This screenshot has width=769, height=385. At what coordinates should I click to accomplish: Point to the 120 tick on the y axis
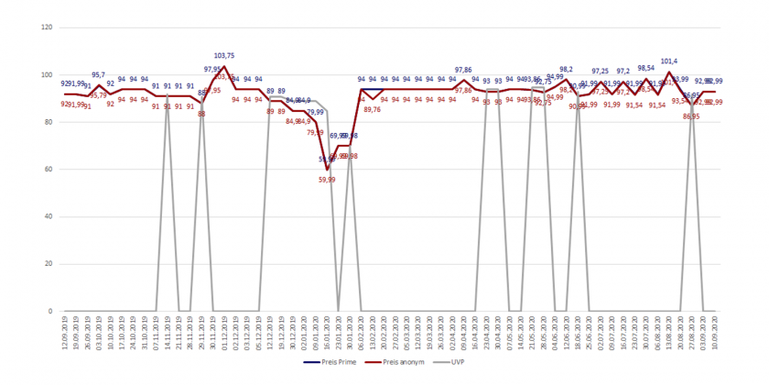coord(47,27)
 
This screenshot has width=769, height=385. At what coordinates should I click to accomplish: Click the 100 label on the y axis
coord(47,74)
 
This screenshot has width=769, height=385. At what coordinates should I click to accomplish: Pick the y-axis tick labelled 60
coord(49,170)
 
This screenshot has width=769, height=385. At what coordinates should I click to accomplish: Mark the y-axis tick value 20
coord(49,264)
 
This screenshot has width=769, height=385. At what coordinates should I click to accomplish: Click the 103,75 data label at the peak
coord(224,56)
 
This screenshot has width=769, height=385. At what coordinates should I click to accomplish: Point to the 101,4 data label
coord(668,61)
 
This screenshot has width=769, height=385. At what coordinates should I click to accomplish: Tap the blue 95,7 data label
coord(99,75)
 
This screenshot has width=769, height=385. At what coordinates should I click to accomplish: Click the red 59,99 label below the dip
coord(327,180)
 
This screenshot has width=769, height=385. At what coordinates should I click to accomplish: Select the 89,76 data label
coord(372,110)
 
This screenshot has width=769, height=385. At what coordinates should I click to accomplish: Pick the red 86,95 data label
coord(690,116)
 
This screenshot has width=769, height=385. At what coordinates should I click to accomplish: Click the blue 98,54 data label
coord(646,68)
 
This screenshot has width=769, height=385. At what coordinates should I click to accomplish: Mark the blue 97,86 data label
coord(463,70)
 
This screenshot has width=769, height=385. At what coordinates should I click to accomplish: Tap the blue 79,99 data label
coord(315,112)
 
